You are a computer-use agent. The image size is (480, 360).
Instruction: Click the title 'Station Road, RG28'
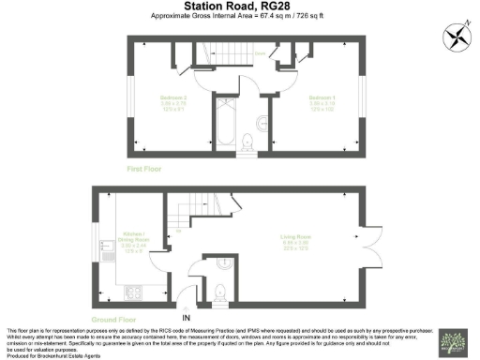(x=239, y=7)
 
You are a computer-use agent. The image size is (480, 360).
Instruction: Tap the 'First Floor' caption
(x=146, y=169)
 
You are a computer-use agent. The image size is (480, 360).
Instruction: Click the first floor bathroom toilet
(x=248, y=142)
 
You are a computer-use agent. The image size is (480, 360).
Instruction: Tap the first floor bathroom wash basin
(x=262, y=119)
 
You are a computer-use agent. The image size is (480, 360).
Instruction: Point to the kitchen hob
(x=131, y=292)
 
